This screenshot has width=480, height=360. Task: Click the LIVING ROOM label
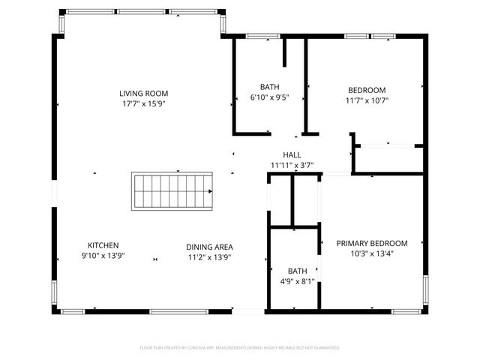(142, 94)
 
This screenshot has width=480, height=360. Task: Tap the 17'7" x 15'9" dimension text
(142, 104)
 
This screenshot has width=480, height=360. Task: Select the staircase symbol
(172, 191)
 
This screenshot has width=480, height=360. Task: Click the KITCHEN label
(103, 245)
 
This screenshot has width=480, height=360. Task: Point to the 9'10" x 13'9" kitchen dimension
(103, 256)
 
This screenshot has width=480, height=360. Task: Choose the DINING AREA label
(209, 247)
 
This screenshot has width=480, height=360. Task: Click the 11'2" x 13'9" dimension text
(209, 256)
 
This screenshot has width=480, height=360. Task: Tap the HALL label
(292, 155)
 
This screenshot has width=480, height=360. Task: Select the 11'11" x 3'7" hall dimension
(292, 165)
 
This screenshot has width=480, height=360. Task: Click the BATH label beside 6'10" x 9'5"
(269, 87)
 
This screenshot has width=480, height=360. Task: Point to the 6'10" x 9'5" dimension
(269, 97)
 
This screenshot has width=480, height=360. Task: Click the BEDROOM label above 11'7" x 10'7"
(367, 90)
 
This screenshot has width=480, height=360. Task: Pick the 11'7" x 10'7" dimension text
(367, 100)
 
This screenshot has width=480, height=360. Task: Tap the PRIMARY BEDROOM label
(371, 243)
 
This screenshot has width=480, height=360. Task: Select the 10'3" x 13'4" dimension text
(371, 253)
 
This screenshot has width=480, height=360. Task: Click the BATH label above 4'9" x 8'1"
(297, 271)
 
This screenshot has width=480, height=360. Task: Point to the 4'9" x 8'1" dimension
(297, 281)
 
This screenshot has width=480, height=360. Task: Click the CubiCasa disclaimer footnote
(240, 348)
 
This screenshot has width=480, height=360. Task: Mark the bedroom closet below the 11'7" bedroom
(389, 158)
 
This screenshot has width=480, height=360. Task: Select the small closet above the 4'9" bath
(306, 201)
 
